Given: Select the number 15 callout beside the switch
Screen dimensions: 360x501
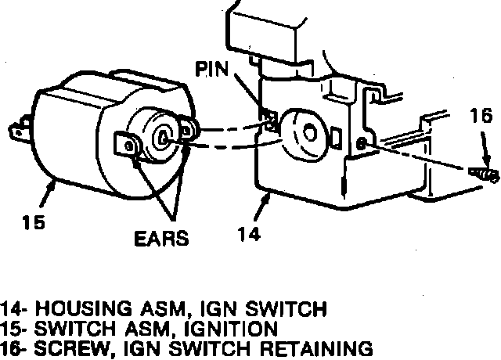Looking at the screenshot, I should (x=32, y=222).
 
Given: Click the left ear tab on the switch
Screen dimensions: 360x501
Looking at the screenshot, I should (x=125, y=145).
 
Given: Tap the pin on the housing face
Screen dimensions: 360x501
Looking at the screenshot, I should (x=270, y=120).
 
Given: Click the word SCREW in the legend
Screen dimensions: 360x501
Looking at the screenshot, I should (x=63, y=347).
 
